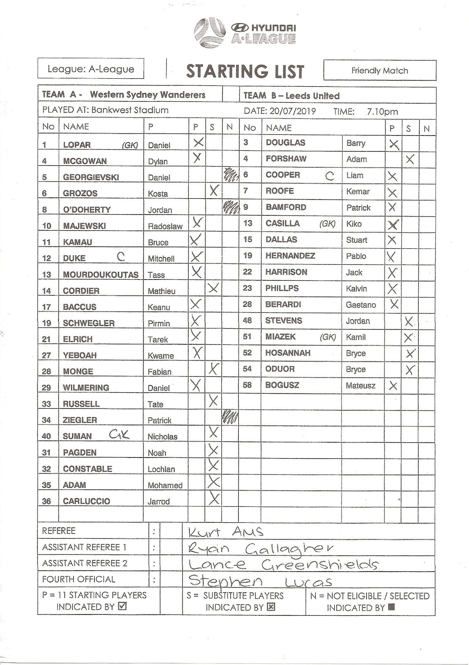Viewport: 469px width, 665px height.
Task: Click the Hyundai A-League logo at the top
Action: tap(245, 31)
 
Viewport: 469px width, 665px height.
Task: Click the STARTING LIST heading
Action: tap(245, 72)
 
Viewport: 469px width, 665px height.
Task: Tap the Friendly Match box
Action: tap(380, 71)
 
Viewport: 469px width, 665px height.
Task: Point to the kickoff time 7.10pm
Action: tap(382, 112)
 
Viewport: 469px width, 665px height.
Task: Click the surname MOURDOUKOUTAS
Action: tap(101, 275)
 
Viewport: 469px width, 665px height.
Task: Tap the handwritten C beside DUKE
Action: tap(121, 256)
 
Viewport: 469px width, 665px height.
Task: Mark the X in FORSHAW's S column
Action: tap(410, 159)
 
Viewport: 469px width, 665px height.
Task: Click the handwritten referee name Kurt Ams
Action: tap(226, 532)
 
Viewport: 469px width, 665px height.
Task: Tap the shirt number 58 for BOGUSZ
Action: tap(248, 385)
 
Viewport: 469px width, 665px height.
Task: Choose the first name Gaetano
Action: tap(361, 305)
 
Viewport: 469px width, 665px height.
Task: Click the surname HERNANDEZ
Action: tap(290, 256)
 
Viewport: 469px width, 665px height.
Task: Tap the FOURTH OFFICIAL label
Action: tap(79, 579)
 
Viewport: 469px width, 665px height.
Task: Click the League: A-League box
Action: tap(91, 69)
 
